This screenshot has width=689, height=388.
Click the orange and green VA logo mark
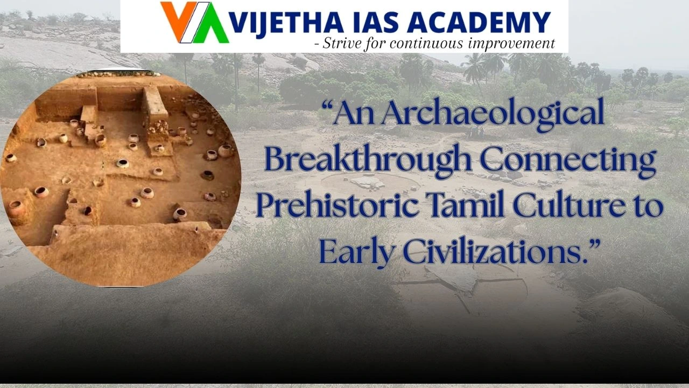(x=194, y=23)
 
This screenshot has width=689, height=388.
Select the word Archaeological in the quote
(x=501, y=115)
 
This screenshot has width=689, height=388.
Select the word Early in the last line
(x=355, y=251)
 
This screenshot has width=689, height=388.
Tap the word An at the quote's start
(x=358, y=115)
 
